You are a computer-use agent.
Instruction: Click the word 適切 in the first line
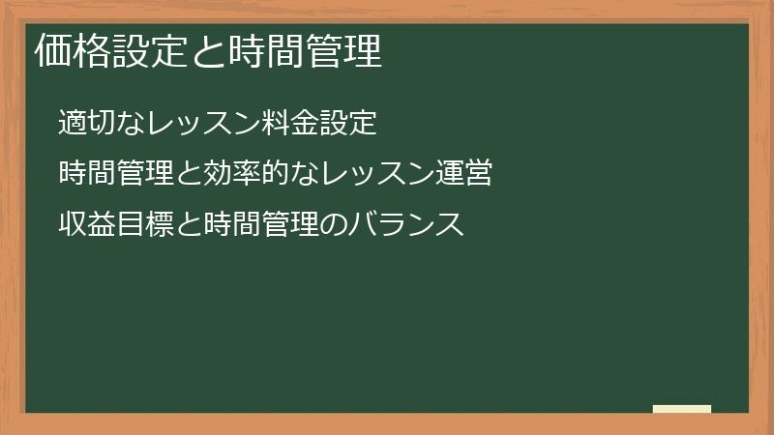(84, 123)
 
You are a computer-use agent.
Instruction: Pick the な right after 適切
(125, 123)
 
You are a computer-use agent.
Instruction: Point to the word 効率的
(228, 175)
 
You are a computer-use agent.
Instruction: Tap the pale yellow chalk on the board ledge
(682, 409)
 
